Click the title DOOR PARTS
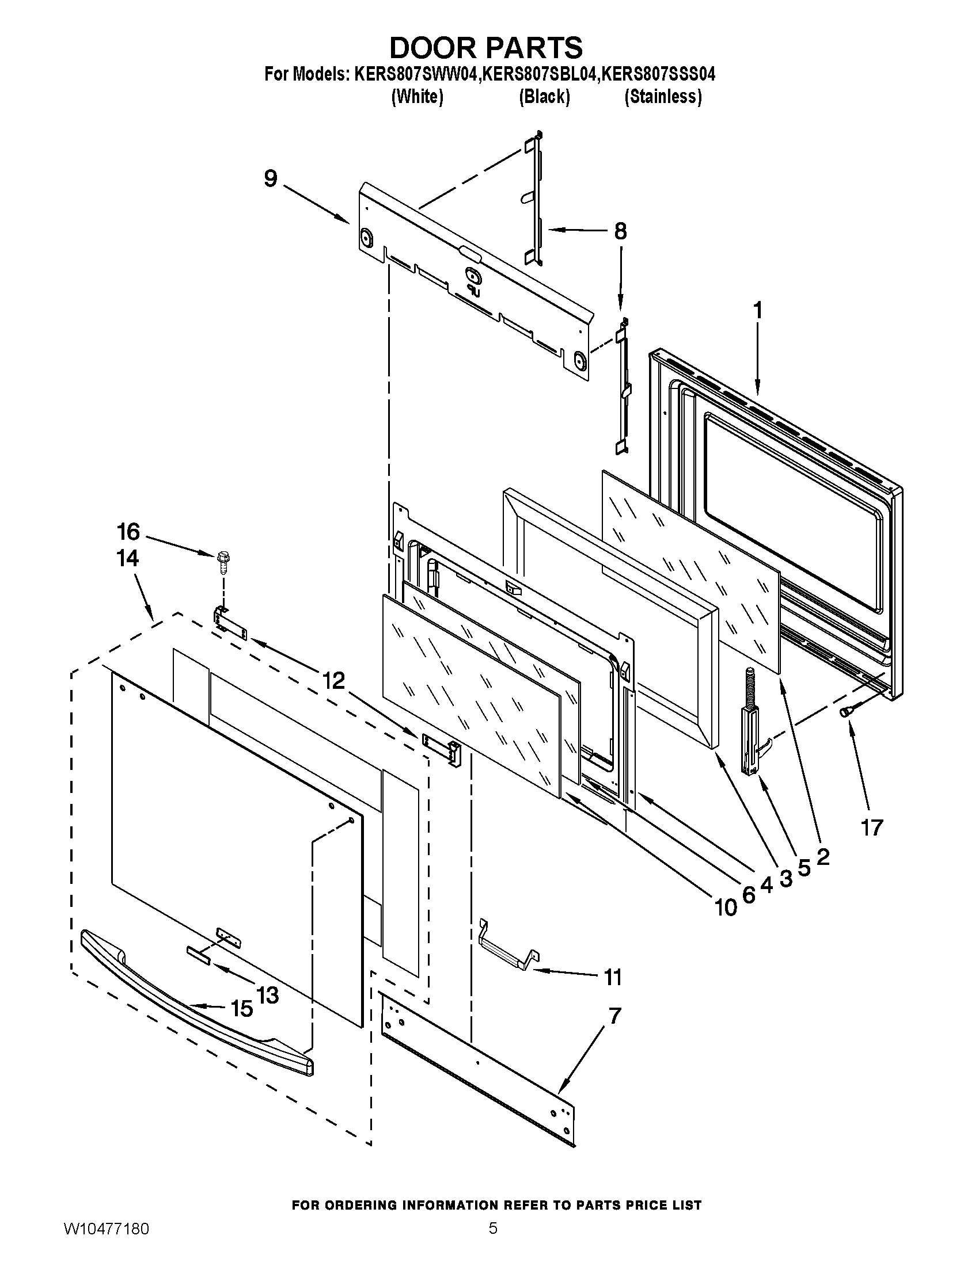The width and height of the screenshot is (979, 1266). [x=485, y=48]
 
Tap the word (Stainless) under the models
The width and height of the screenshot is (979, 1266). [x=663, y=97]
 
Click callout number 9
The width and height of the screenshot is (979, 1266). [x=270, y=179]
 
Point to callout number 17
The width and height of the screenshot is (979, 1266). [x=871, y=828]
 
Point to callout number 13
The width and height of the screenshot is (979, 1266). [x=267, y=996]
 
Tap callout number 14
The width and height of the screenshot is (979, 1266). [x=127, y=558]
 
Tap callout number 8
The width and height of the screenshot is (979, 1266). [x=620, y=231]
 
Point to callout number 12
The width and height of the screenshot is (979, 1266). [x=333, y=680]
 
